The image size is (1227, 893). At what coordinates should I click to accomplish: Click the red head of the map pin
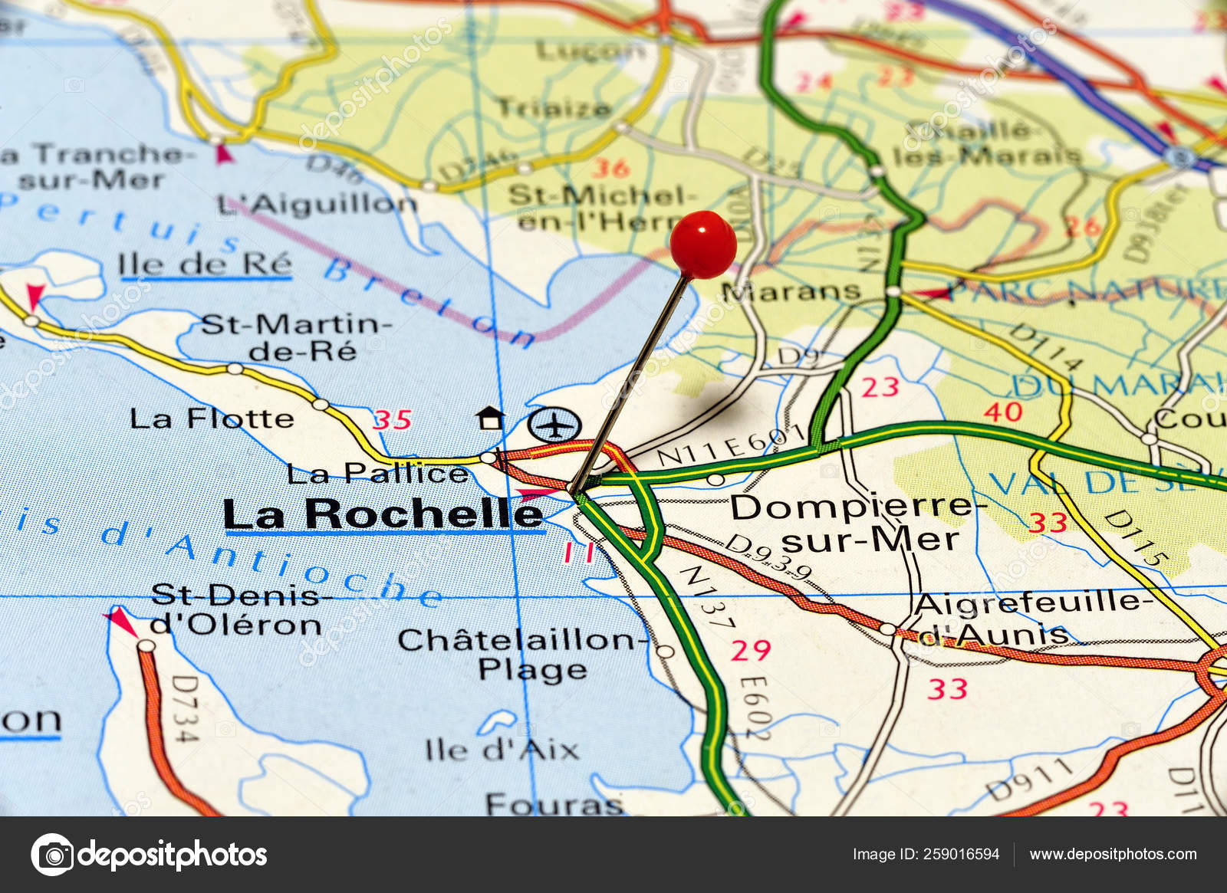tap(702, 244)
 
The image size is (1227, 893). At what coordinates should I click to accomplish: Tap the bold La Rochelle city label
tap(383, 514)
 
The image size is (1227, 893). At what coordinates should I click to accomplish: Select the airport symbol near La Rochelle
tap(555, 424)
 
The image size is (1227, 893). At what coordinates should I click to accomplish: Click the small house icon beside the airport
tap(490, 418)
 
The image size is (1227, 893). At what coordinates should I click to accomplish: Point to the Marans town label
tap(791, 291)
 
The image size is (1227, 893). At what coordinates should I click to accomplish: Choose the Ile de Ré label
tap(205, 264)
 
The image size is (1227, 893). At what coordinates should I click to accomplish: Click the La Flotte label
tap(212, 419)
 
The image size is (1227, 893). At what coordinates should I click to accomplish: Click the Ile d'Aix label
tap(502, 749)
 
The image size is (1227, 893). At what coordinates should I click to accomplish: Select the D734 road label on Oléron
tap(185, 708)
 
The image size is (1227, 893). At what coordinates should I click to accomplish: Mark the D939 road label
tap(768, 556)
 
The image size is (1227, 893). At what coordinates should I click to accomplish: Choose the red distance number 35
tap(392, 419)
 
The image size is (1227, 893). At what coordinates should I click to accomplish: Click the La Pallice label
tap(377, 474)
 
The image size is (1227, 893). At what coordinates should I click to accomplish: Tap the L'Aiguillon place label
tap(317, 205)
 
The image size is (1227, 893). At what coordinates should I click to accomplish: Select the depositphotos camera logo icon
tap(52, 854)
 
